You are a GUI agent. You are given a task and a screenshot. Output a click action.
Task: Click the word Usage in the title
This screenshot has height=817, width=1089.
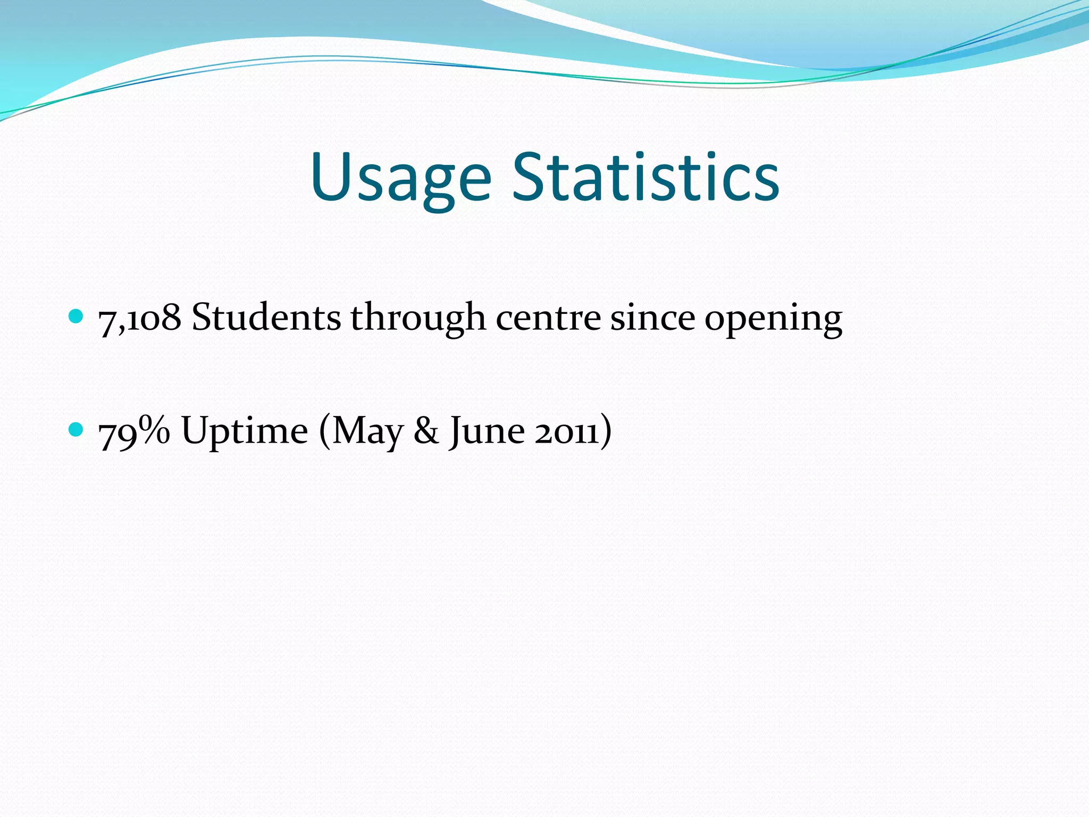click(x=400, y=178)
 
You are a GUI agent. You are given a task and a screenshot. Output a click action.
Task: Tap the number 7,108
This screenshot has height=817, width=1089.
click(x=140, y=318)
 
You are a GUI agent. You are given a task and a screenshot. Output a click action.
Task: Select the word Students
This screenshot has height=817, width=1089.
click(x=266, y=318)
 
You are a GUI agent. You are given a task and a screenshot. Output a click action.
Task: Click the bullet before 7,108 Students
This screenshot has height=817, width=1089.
click(x=77, y=317)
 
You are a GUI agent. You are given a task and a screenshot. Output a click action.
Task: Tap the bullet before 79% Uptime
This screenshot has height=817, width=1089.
click(x=77, y=429)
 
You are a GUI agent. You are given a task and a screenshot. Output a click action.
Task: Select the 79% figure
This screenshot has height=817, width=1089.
click(x=135, y=431)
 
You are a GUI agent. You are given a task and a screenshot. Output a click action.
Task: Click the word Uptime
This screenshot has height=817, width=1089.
click(x=245, y=431)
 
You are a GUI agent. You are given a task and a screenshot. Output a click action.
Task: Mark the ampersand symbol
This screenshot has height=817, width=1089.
click(x=426, y=431)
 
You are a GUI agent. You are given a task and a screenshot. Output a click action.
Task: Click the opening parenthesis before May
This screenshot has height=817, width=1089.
click(x=324, y=431)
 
